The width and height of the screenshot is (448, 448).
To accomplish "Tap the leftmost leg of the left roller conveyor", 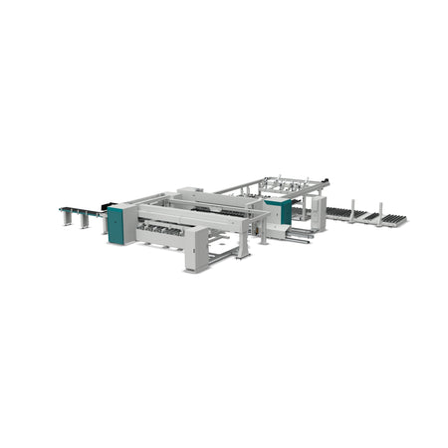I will tap(65, 216).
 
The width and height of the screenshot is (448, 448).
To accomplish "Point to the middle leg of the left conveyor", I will tap(83, 220).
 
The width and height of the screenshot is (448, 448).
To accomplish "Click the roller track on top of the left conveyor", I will tap(80, 210).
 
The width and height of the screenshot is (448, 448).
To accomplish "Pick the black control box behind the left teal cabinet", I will tap(106, 211).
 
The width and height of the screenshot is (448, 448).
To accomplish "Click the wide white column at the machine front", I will tap(197, 249).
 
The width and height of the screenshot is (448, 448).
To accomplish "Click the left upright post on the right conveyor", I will tap(351, 210).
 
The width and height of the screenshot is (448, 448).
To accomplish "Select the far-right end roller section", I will tap(395, 219).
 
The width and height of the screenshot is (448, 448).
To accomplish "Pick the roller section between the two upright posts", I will tap(366, 215).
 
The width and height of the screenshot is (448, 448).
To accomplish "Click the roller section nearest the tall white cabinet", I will tap(338, 212).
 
